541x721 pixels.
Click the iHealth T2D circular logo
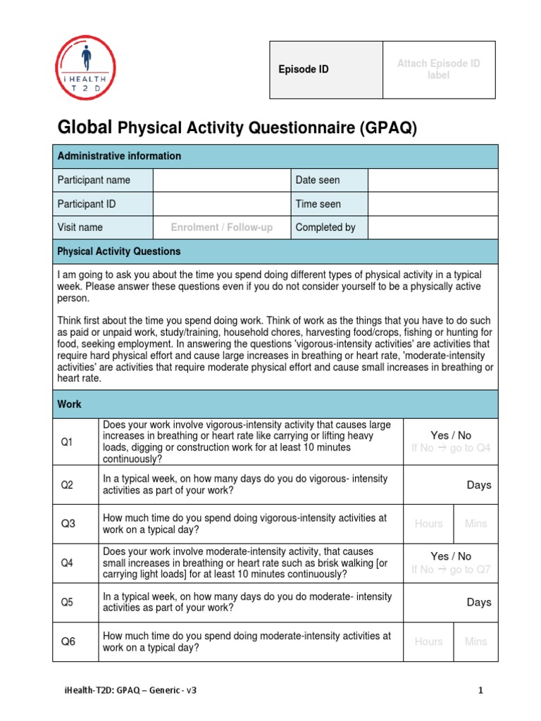pyautogui.click(x=85, y=68)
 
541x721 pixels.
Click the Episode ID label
pyautogui.click(x=303, y=70)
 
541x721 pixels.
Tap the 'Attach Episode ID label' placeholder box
pyautogui.click(x=438, y=70)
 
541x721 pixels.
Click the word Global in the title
pyautogui.click(x=85, y=127)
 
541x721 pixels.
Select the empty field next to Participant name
pyautogui.click(x=221, y=180)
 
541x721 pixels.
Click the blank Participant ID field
pyautogui.click(x=221, y=204)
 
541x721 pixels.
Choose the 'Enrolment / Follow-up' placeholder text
pyautogui.click(x=221, y=227)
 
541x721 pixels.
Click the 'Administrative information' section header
pyautogui.click(x=119, y=156)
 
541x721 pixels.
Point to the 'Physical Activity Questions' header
pyautogui.click(x=119, y=251)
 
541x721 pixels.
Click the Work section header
pyautogui.click(x=69, y=405)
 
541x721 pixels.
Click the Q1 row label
pyautogui.click(x=67, y=442)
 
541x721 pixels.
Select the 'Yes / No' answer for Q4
pyautogui.click(x=451, y=556)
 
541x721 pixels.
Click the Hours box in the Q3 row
pyautogui.click(x=428, y=524)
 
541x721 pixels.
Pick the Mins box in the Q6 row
pyautogui.click(x=475, y=641)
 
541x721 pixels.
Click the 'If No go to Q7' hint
pyautogui.click(x=451, y=570)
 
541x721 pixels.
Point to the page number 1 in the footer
pyautogui.click(x=481, y=691)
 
